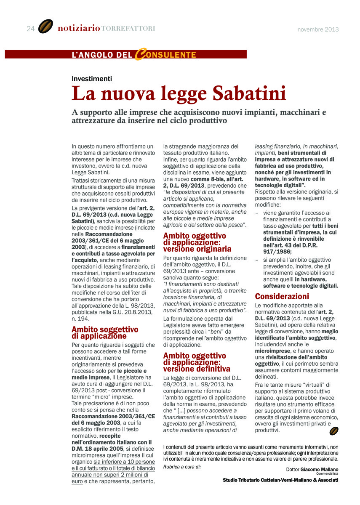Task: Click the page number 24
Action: point(30,29)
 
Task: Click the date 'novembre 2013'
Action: point(318,29)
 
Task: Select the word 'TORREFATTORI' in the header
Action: point(128,29)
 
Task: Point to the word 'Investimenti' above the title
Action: point(92,78)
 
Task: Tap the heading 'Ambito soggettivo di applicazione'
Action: point(105,332)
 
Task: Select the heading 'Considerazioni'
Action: point(282,296)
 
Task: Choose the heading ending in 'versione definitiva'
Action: point(197,363)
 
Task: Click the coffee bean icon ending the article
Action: point(334,431)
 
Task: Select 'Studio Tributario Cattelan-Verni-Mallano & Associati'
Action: point(280,480)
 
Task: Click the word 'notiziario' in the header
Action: point(79,29)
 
